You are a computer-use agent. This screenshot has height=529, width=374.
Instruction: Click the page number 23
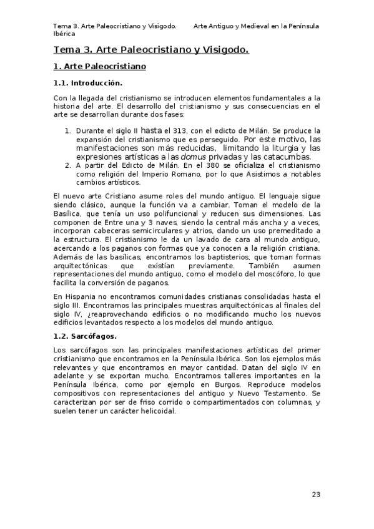[x=316, y=495]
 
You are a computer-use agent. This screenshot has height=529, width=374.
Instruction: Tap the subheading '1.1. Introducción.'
[x=87, y=83]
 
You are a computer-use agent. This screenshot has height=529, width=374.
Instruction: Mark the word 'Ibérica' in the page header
[x=64, y=35]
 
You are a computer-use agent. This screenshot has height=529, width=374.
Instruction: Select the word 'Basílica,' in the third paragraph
[x=71, y=214]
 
